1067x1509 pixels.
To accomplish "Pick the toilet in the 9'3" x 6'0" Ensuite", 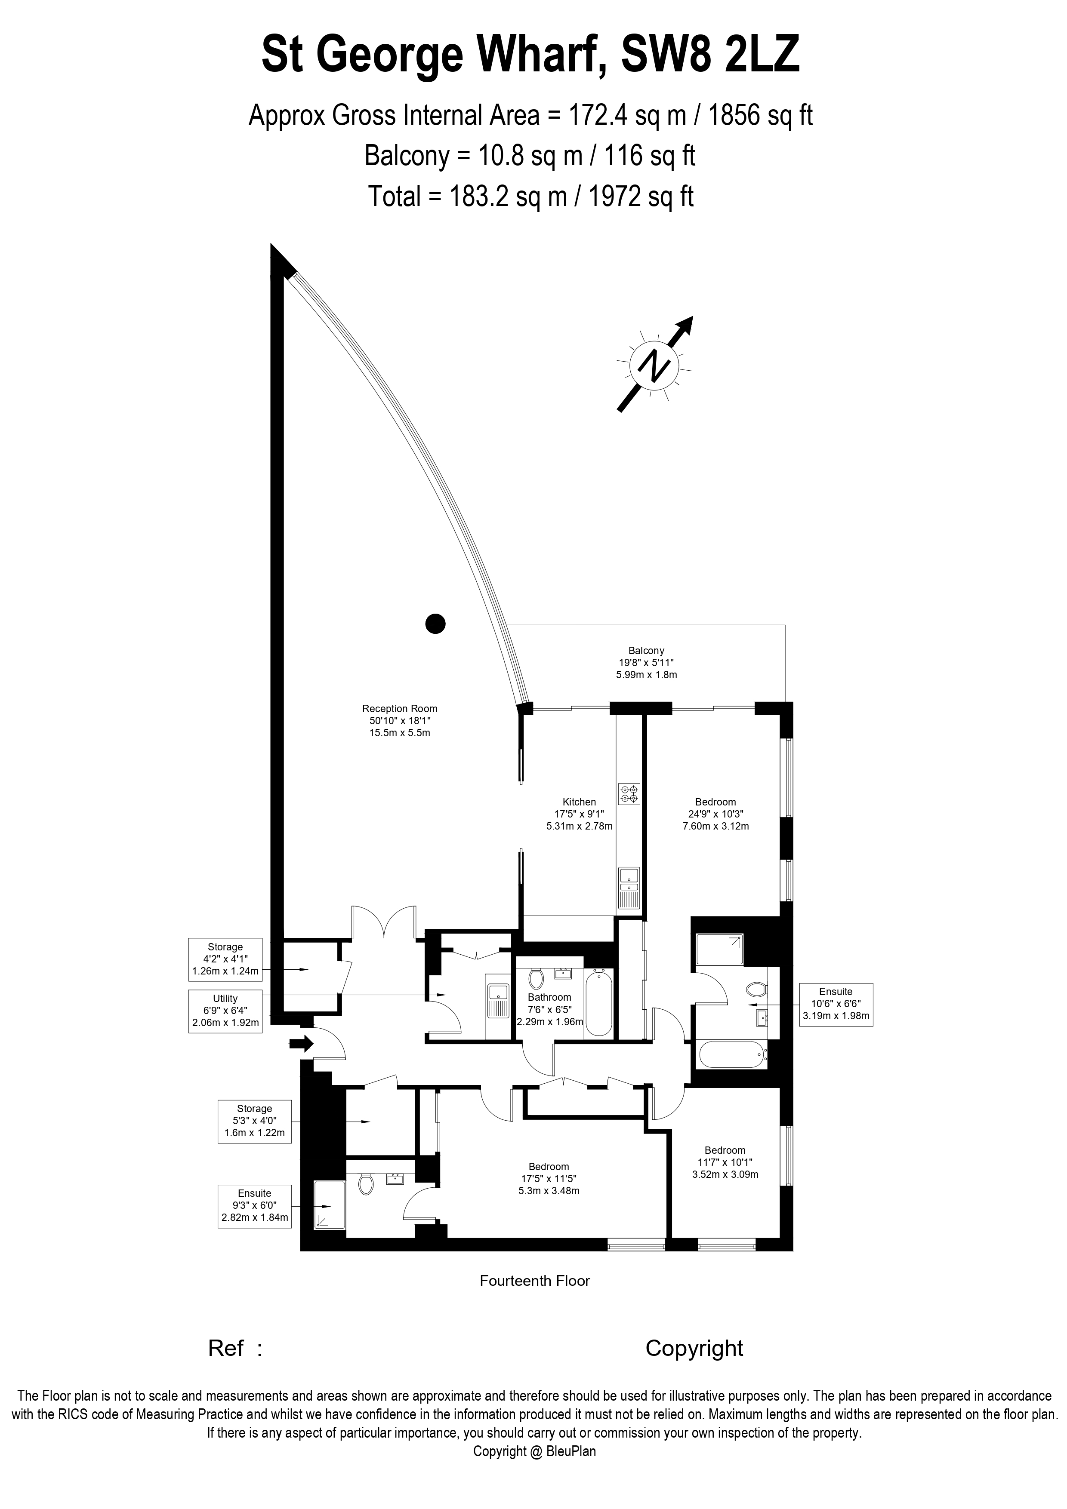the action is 366,1184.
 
